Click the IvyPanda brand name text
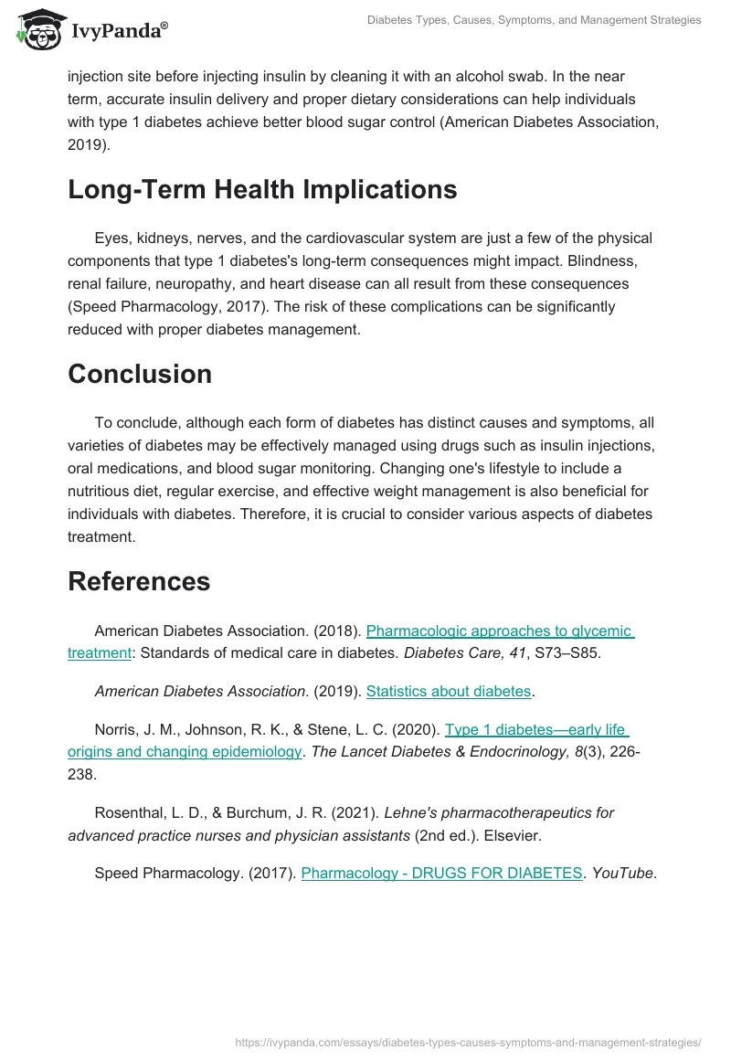[x=118, y=30]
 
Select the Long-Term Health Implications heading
[x=262, y=189]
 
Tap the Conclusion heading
[x=140, y=374]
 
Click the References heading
[x=139, y=581]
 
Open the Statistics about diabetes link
[x=448, y=691]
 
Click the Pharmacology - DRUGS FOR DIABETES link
[x=441, y=873]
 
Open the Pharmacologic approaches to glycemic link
[x=499, y=631]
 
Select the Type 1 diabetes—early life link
[x=535, y=729]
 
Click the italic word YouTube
[x=622, y=873]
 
